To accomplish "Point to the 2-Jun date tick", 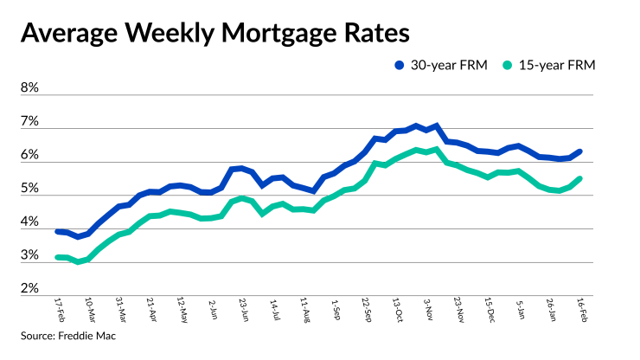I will coord(213,308).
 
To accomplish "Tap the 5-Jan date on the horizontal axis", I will coord(518,308).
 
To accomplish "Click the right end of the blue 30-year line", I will coord(579,151).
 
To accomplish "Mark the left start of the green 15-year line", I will coord(57,257).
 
